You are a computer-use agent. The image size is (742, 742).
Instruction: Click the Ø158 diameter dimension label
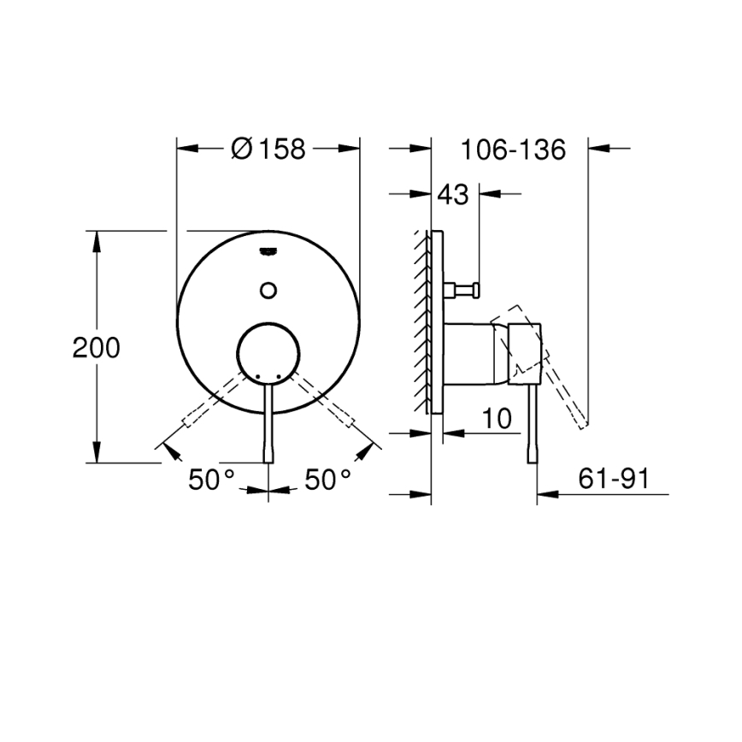coord(268,150)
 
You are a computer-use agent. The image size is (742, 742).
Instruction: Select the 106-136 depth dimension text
coord(513,150)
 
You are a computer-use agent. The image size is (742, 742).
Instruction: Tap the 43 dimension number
coord(453,195)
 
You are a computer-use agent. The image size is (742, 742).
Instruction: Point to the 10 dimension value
coord(496,419)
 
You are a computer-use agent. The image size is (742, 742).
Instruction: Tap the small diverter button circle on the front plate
coord(268,290)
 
